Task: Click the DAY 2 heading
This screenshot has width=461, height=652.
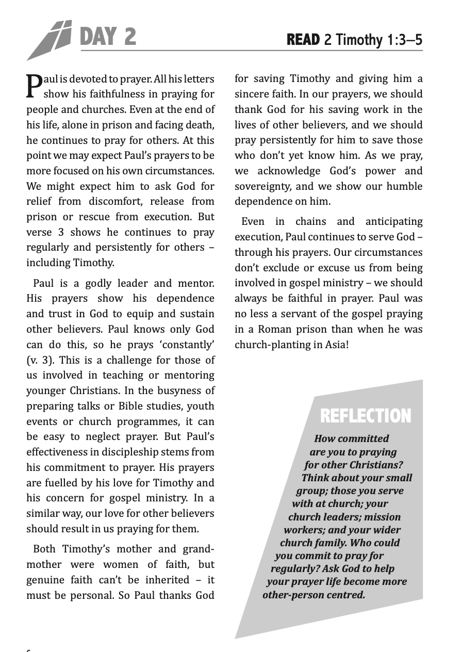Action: click(108, 37)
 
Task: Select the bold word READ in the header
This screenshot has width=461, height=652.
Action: click(303, 40)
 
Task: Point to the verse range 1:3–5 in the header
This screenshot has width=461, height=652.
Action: click(403, 40)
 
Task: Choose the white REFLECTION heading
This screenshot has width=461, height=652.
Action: click(366, 416)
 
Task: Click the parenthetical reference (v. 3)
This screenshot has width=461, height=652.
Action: click(41, 360)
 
